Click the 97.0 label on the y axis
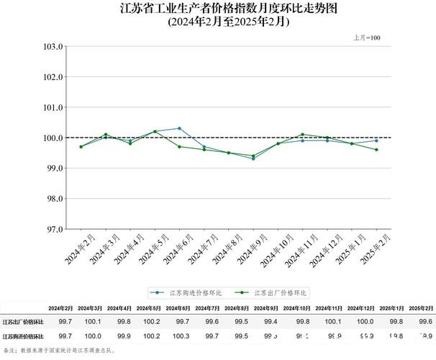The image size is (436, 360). [x=54, y=229]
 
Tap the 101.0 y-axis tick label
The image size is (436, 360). [x=54, y=107]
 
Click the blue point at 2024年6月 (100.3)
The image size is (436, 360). [x=179, y=128]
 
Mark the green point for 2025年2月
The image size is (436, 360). [x=376, y=150]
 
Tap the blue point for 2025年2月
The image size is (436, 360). [x=376, y=140]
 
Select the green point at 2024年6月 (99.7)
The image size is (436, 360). [x=179, y=147]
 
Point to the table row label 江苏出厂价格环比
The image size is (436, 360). [x=22, y=322]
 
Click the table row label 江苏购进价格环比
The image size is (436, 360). [x=22, y=336]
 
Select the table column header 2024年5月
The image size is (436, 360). [x=150, y=308]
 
